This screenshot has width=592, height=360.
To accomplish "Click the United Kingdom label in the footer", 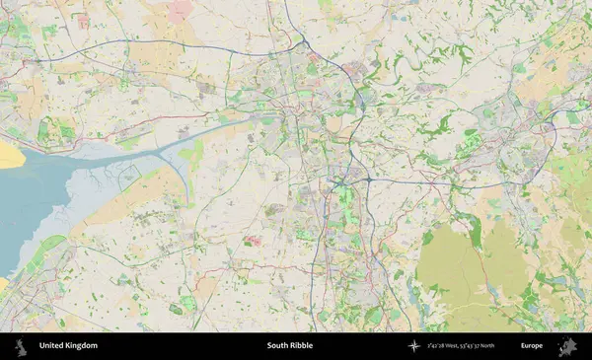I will [x=68, y=346].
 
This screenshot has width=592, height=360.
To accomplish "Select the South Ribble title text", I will [x=288, y=346].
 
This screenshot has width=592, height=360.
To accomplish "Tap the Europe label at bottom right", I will [x=532, y=346].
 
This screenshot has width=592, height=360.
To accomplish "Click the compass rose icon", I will [x=414, y=346].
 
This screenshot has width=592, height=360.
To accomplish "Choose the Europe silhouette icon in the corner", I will [x=567, y=346].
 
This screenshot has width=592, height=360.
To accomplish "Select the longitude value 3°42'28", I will [x=439, y=346].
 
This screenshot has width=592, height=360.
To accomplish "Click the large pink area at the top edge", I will [x=181, y=10].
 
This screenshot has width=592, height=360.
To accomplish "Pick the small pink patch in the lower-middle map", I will [x=253, y=240].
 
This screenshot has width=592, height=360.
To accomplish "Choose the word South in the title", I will [x=276, y=346].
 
